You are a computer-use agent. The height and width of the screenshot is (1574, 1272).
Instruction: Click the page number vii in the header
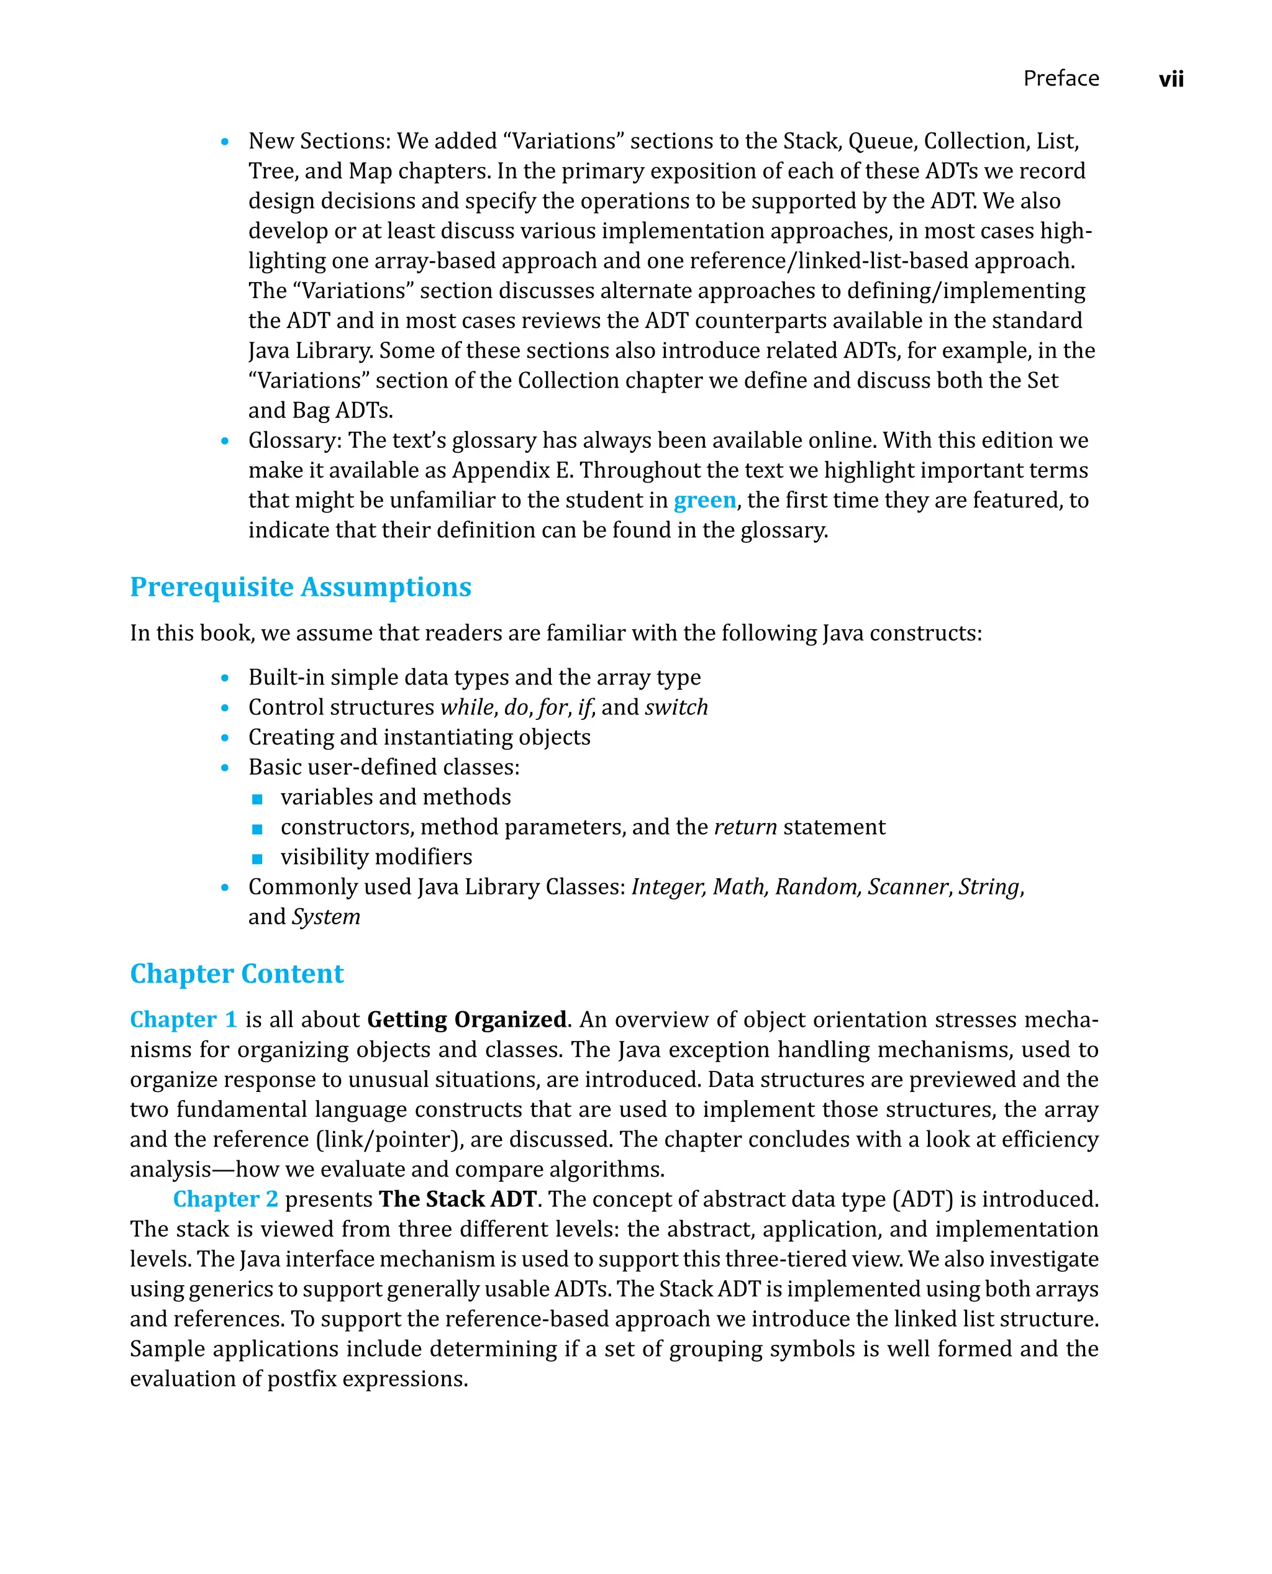click(x=1170, y=79)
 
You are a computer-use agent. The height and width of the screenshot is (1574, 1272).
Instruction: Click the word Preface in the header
click(x=1060, y=78)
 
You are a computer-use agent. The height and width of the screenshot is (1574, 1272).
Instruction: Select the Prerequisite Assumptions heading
click(x=301, y=587)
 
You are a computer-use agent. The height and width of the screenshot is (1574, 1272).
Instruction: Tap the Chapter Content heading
click(x=237, y=973)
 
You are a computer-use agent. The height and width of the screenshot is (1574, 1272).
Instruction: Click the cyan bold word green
click(x=704, y=500)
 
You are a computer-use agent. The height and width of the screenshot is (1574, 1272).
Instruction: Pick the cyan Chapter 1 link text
click(x=183, y=1019)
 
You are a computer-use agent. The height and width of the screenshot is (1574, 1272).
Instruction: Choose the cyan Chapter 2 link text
click(x=225, y=1199)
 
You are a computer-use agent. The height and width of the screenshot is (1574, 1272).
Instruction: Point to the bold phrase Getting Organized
click(x=466, y=1019)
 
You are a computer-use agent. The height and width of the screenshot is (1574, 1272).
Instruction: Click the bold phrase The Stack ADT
click(x=458, y=1199)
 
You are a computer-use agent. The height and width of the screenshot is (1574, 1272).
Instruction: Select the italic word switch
click(x=676, y=707)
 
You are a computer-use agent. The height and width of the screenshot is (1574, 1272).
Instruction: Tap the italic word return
click(x=745, y=827)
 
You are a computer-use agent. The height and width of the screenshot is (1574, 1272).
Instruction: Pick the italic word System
click(x=326, y=917)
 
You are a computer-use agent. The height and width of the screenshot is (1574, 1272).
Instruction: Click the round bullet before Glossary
click(x=225, y=441)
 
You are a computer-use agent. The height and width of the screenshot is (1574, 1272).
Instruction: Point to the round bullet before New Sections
click(x=225, y=142)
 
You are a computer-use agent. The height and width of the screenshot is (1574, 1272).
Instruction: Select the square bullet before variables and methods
click(x=257, y=799)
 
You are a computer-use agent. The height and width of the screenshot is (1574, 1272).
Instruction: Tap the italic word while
click(x=466, y=707)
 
